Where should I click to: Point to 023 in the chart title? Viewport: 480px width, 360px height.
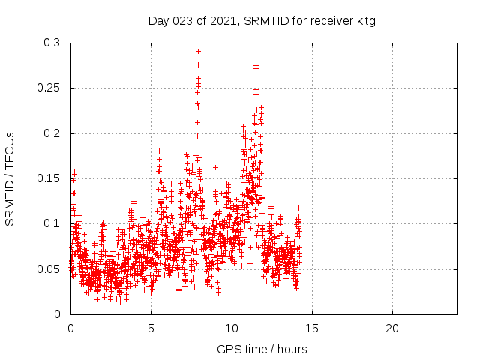pyautogui.click(x=180, y=21)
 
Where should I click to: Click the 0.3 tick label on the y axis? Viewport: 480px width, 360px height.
pyautogui.click(x=52, y=43)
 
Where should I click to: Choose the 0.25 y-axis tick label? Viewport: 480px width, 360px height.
pyautogui.click(x=49, y=88)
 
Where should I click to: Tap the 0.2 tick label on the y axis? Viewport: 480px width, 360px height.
pyautogui.click(x=52, y=133)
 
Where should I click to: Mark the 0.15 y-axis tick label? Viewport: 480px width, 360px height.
pyautogui.click(x=49, y=178)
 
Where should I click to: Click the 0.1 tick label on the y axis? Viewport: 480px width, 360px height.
pyautogui.click(x=52, y=223)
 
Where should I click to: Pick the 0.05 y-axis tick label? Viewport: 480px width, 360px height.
pyautogui.click(x=49, y=268)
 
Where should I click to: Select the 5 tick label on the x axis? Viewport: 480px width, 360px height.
pyautogui.click(x=151, y=328)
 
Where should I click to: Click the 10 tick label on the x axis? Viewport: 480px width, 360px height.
pyautogui.click(x=231, y=328)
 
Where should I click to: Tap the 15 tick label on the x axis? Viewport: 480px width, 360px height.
pyautogui.click(x=311, y=328)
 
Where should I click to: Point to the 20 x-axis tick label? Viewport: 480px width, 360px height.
pyautogui.click(x=391, y=328)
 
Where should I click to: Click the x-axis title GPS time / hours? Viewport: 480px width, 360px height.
pyautogui.click(x=262, y=349)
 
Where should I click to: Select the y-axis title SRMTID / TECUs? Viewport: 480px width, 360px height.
pyautogui.click(x=10, y=178)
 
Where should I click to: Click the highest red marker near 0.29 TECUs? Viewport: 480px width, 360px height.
pyautogui.click(x=198, y=51)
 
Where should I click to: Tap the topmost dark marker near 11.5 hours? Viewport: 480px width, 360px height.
pyautogui.click(x=256, y=66)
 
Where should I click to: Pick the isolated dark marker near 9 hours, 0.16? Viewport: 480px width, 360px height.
pyautogui.click(x=215, y=167)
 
